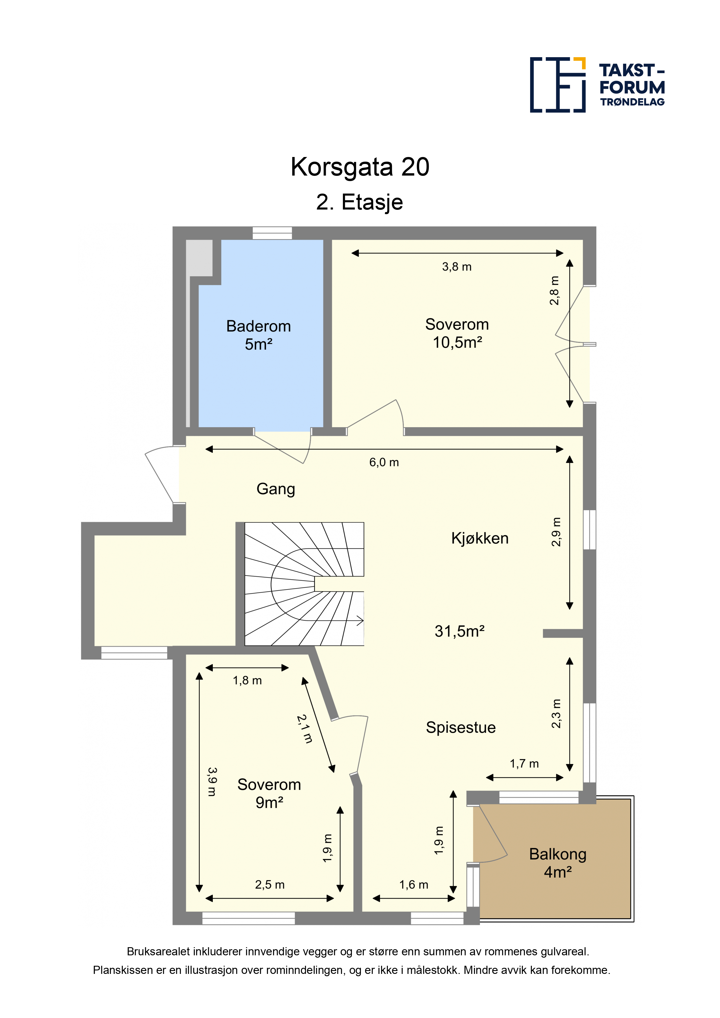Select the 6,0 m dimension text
click(x=384, y=463)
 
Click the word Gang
click(x=276, y=489)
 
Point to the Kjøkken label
click(x=480, y=538)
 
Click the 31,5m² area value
click(x=459, y=631)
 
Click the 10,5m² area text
click(x=457, y=342)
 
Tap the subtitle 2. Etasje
click(x=359, y=202)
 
